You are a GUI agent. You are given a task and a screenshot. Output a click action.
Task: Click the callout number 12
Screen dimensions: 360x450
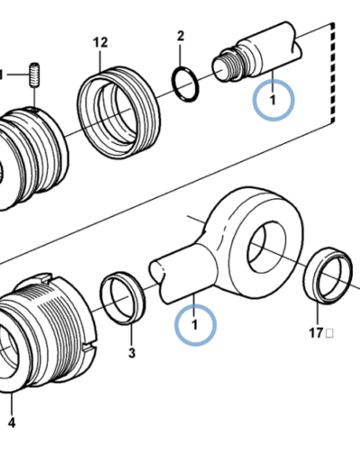pos(100,42)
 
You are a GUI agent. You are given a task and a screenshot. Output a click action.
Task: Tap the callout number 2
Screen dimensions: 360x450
pos(180,36)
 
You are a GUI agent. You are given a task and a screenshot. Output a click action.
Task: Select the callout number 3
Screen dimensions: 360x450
pos(132,353)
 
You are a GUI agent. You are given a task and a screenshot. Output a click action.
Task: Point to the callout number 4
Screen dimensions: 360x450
pos(12,423)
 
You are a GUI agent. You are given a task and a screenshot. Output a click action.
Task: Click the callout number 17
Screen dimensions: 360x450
pos(316,333)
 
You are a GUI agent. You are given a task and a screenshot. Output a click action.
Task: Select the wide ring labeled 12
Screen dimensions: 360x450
pos(118,112)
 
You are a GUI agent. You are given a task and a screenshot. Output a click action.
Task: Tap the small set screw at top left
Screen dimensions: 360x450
pos(34,75)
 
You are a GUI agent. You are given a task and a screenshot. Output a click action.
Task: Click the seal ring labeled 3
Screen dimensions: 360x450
pos(122,299)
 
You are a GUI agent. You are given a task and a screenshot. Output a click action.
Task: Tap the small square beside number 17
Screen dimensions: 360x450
pos(329,333)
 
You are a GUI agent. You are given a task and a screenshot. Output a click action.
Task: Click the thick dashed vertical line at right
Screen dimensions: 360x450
pos(332,73)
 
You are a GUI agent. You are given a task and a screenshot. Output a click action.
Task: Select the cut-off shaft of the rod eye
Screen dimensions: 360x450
pos(183,277)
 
